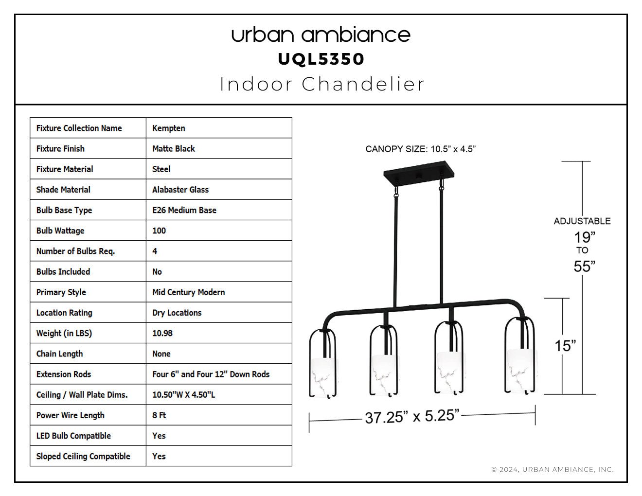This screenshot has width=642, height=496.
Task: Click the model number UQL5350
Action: (x=321, y=59)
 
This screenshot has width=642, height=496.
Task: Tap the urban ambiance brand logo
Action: (x=321, y=35)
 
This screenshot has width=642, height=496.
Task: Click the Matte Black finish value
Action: (x=174, y=149)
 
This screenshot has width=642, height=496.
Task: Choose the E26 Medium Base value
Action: (x=184, y=210)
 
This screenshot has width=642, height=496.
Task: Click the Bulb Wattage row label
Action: (x=60, y=230)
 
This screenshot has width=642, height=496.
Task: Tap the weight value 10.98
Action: (x=162, y=333)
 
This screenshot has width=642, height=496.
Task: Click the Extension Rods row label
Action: (x=64, y=374)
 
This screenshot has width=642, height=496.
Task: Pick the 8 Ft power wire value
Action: (x=159, y=415)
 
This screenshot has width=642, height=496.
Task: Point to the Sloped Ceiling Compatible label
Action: (x=83, y=457)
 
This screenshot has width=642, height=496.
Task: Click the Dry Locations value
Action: (x=177, y=313)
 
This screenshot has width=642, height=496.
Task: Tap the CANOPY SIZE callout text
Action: (x=420, y=149)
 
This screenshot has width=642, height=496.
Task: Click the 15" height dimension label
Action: (x=565, y=346)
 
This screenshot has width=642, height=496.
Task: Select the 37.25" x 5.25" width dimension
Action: (x=412, y=416)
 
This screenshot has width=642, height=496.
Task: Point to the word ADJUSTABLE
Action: (x=582, y=221)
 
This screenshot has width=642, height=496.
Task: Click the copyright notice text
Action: (x=553, y=470)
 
